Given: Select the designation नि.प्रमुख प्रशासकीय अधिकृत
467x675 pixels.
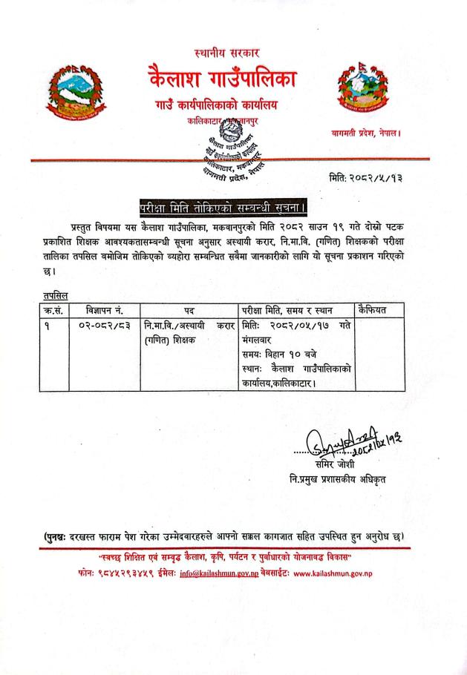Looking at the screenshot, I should [x=338, y=478].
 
